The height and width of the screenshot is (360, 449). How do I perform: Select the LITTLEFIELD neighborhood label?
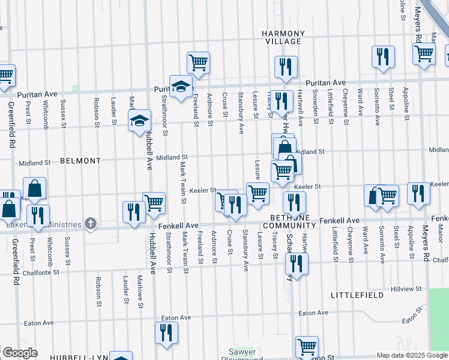coord(356,295)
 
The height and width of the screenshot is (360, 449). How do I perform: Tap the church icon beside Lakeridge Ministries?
coord(91,224)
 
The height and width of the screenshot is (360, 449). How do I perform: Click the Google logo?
coord(20,353)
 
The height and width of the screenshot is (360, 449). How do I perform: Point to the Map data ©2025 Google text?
coord(412,355)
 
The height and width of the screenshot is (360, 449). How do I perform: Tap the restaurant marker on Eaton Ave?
coord(166,332)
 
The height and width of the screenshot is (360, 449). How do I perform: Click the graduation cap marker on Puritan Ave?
coord(181,86)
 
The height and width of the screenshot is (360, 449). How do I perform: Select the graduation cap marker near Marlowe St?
coord(139,119)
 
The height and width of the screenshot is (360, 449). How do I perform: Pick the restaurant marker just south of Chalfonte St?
coord(297,263)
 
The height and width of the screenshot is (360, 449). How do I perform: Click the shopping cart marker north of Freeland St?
coord(198,62)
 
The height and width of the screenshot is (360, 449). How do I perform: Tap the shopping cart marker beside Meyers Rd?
coord(424,53)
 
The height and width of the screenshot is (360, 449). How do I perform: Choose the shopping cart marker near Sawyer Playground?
coord(307,346)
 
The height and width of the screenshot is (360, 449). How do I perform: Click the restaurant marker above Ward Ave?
coord(382,57)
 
